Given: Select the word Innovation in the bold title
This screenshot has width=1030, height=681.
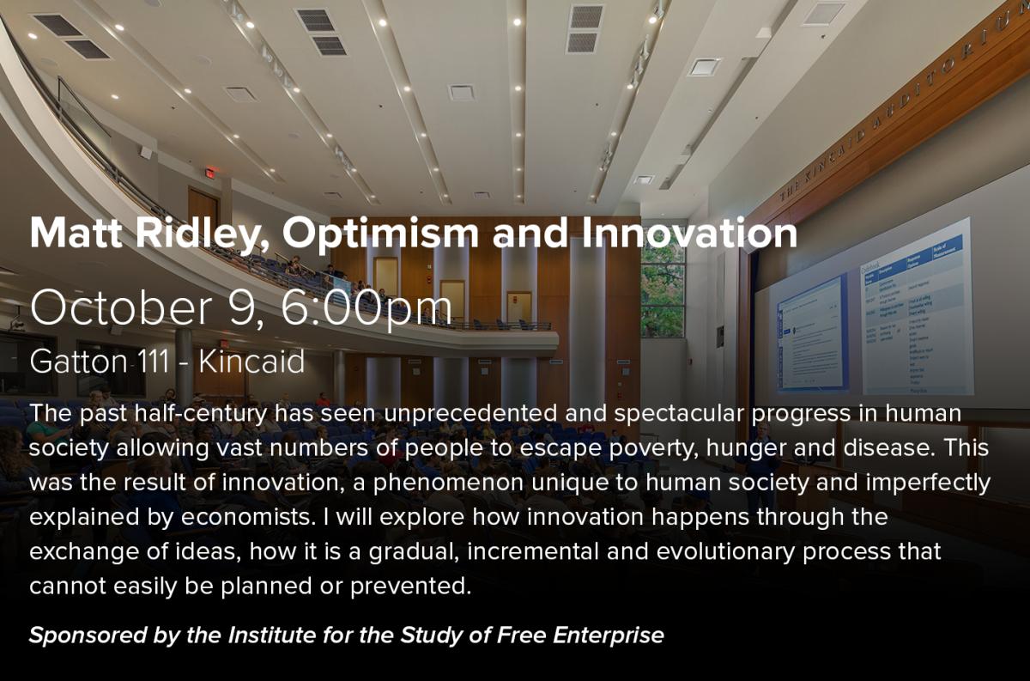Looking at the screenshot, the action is [x=690, y=234].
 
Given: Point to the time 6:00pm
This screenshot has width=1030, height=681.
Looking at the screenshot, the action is [x=367, y=309].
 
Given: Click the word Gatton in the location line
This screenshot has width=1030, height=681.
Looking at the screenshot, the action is [x=79, y=362].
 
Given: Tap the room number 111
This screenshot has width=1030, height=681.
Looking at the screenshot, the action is [x=154, y=362].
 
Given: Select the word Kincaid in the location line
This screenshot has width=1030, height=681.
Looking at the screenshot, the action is [x=252, y=362].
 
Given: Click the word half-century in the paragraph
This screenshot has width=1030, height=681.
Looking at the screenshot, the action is [x=201, y=414].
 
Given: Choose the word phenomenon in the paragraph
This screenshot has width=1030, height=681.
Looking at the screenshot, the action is [x=448, y=483].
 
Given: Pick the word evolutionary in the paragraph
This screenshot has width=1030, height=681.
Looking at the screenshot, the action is [x=725, y=551].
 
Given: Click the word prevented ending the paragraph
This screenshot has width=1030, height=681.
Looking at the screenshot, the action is [x=411, y=587].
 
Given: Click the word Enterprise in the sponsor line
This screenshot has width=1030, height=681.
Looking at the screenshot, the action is [x=609, y=635].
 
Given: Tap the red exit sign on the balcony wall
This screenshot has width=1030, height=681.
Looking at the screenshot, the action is [x=210, y=173].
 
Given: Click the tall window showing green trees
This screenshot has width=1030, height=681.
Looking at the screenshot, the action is [x=663, y=289].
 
